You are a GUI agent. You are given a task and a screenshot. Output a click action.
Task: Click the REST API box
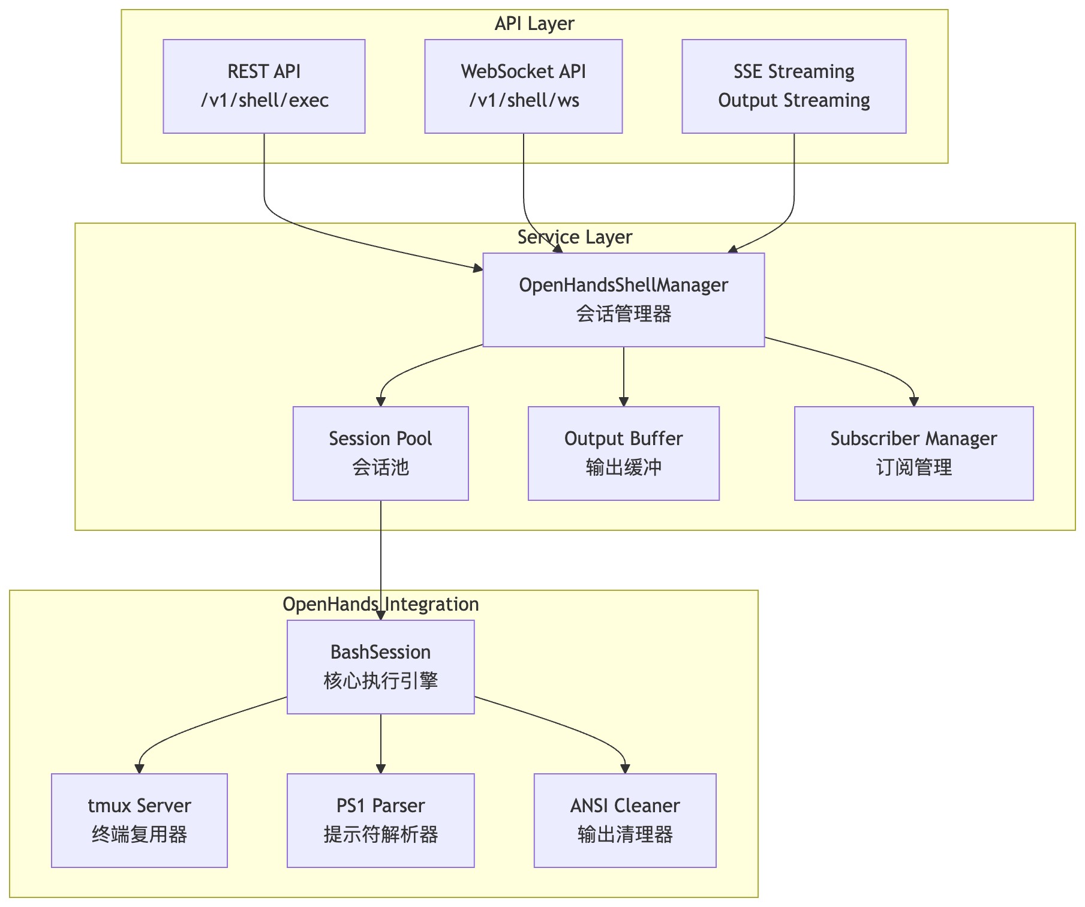click(x=264, y=86)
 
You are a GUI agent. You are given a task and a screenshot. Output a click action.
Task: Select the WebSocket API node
click(x=523, y=86)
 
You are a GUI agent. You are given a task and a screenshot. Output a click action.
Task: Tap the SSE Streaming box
click(x=794, y=86)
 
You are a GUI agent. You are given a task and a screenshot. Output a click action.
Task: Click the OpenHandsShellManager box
click(x=623, y=299)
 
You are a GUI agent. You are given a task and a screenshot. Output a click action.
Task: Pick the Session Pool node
click(x=380, y=453)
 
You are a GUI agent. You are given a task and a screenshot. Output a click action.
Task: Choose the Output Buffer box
click(x=623, y=453)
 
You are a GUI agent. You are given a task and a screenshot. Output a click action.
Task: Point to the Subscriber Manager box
click(x=913, y=453)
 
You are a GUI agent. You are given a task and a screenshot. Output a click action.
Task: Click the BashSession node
click(x=380, y=666)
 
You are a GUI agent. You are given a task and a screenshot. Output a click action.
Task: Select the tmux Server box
click(x=139, y=820)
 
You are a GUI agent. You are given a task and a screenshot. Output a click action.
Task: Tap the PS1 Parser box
click(x=380, y=820)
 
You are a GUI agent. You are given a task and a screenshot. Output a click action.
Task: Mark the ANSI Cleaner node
click(x=625, y=820)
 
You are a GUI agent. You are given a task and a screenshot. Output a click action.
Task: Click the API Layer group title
click(x=534, y=23)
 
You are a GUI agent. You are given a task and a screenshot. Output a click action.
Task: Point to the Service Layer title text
click(x=575, y=237)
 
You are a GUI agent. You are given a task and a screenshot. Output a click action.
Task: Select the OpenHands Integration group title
click(x=380, y=604)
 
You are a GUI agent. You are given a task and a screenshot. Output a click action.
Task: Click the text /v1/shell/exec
click(x=265, y=100)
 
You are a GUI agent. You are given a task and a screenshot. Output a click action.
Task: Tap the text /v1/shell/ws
click(x=524, y=100)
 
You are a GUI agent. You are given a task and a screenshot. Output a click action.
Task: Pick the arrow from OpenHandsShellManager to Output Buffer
click(x=624, y=376)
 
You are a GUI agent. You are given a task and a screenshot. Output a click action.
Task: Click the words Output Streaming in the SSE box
click(x=794, y=100)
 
